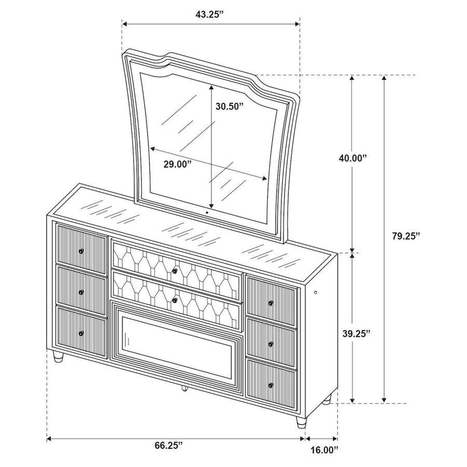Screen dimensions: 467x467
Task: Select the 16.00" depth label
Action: coord(320,450)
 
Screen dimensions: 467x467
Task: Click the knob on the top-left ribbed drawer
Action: coord(81,251)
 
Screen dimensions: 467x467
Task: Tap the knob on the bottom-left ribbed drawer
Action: coord(81,333)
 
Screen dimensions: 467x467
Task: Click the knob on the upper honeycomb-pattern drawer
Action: coord(175,270)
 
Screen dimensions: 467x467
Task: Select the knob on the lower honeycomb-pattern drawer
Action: coord(174,300)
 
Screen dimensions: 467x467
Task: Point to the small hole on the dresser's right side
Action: coord(317,292)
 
